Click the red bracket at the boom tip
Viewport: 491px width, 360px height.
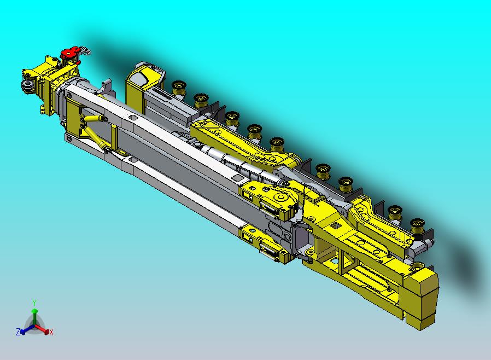(x=71, y=53)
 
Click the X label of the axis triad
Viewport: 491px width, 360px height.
(x=51, y=332)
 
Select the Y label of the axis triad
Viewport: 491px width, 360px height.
(x=34, y=303)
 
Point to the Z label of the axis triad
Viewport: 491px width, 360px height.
(x=18, y=332)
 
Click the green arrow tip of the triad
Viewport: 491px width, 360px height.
(x=34, y=311)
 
